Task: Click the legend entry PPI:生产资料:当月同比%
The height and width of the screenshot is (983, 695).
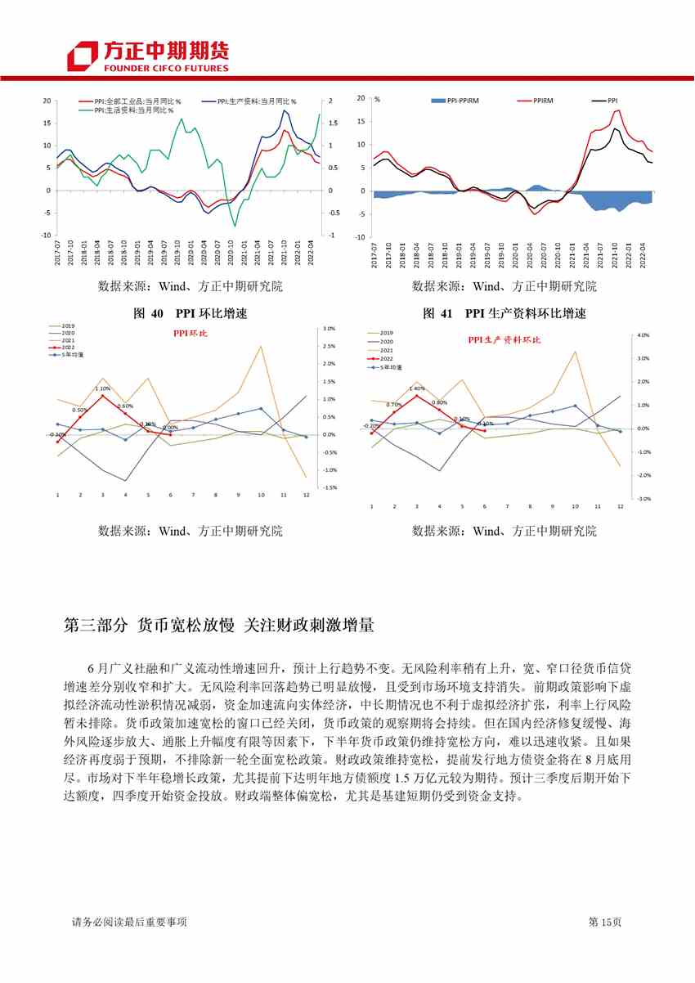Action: pos(255,101)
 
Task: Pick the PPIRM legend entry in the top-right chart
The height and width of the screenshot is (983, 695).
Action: pos(541,101)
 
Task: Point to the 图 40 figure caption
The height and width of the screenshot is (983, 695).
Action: pos(188,314)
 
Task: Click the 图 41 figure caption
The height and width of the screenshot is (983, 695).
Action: pos(504,314)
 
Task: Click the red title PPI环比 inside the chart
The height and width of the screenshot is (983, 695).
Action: pos(190,334)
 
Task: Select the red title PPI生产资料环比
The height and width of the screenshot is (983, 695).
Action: pos(504,339)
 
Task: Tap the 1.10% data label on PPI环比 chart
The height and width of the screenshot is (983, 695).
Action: pos(102,388)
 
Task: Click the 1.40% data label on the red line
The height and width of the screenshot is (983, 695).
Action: pos(416,388)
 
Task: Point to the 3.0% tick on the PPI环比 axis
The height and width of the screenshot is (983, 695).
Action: pos(330,329)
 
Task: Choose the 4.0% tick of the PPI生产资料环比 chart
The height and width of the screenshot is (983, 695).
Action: pos(643,335)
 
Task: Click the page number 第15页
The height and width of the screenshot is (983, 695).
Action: pos(605,922)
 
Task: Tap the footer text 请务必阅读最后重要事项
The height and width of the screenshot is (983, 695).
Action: pos(130,922)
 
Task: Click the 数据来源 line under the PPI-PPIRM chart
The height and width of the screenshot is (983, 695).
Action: pos(504,286)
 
